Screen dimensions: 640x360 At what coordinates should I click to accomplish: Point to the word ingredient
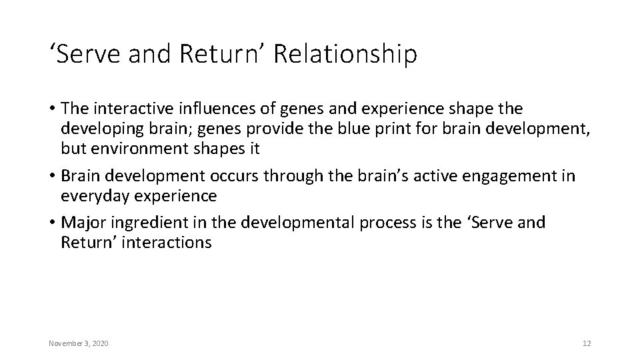[148, 222]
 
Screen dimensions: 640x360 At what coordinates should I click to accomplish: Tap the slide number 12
[587, 343]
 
